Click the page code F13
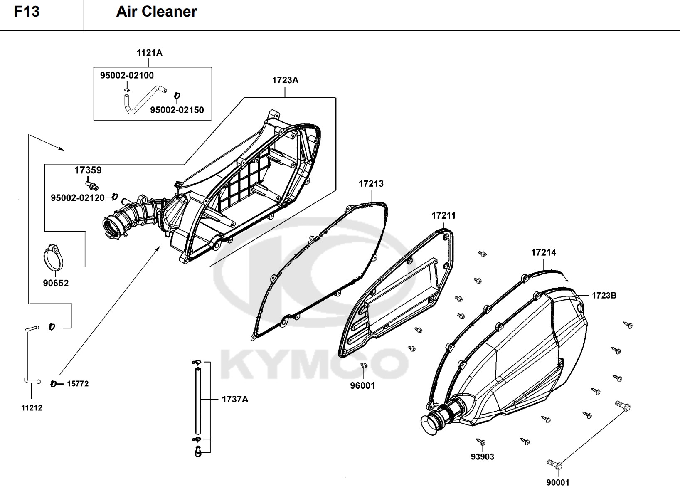click(27, 12)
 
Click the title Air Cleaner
click(156, 12)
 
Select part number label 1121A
click(149, 53)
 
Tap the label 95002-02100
click(127, 75)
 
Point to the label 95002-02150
click(177, 110)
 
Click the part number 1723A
click(285, 80)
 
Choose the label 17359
click(88, 170)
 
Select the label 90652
click(56, 283)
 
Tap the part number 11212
click(32, 408)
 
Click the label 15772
click(78, 384)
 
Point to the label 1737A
click(235, 399)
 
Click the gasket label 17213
click(371, 183)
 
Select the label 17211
click(443, 215)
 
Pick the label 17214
click(543, 252)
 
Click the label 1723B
click(604, 296)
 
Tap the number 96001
click(362, 385)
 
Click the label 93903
click(482, 457)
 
